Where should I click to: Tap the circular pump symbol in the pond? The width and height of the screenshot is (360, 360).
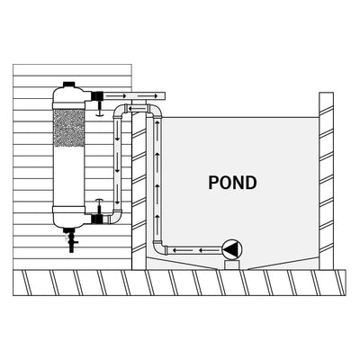pyautogui.click(x=233, y=249)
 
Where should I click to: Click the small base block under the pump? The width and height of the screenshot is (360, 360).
pyautogui.click(x=233, y=264)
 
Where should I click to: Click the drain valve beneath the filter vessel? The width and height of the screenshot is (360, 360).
pyautogui.click(x=69, y=241)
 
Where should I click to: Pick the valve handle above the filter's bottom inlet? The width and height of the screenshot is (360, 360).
pyautogui.click(x=98, y=202)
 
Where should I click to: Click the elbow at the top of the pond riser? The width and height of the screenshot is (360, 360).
pyautogui.click(x=157, y=111)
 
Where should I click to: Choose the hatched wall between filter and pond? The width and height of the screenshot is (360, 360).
pyautogui.click(x=139, y=189)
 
